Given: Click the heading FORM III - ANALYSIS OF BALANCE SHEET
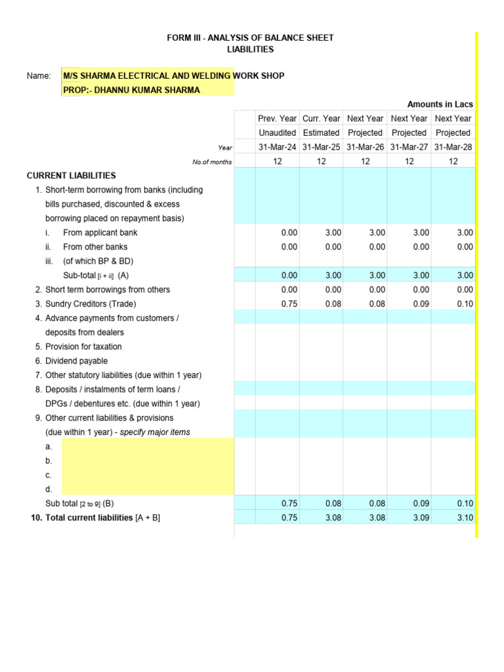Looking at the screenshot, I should (250, 38).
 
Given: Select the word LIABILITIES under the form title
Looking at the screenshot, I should (250, 50).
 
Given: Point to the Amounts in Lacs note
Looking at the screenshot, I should (440, 104).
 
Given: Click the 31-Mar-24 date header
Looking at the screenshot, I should (278, 147).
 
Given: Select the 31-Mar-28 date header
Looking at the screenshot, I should (453, 147).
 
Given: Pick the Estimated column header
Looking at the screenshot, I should (321, 133).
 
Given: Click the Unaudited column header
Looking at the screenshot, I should (278, 133).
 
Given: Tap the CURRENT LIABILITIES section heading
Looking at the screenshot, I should (71, 176).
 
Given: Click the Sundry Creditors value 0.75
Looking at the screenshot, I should (289, 304).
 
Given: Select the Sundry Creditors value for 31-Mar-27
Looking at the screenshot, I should (421, 304).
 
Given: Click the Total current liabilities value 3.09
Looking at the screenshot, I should (421, 518).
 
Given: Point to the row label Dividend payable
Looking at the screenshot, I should (76, 361).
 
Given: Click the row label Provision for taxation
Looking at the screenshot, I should (83, 346).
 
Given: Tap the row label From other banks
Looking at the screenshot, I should (95, 247).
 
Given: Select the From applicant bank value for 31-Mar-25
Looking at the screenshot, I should (333, 232).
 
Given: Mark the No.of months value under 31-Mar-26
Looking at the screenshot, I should (366, 161).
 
